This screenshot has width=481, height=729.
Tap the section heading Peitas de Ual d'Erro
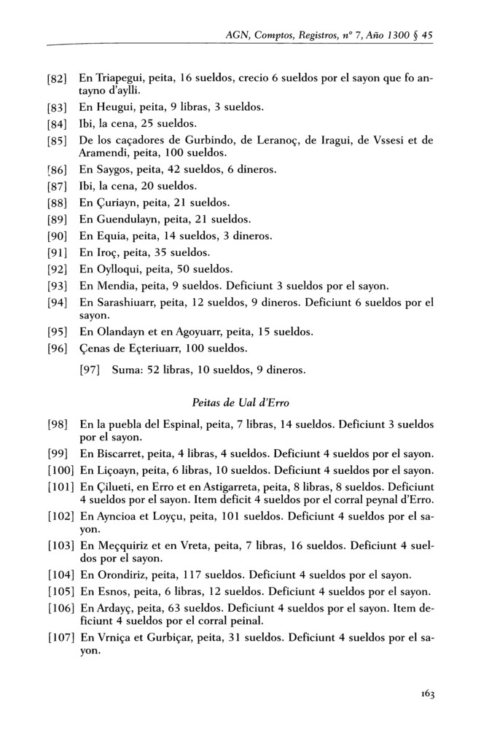tap(240, 402)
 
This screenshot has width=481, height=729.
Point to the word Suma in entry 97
tap(126, 370)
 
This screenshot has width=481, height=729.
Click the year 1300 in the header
tap(399, 34)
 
